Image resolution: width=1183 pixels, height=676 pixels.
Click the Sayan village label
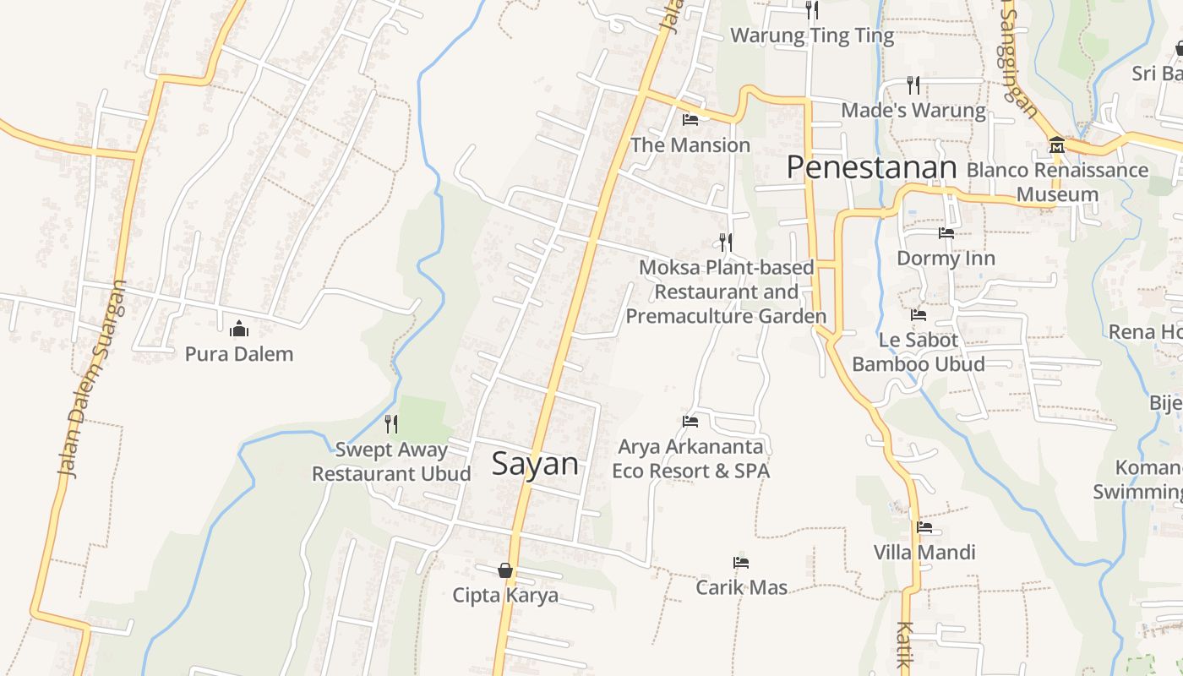535,464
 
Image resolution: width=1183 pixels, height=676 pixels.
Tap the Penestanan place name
871,167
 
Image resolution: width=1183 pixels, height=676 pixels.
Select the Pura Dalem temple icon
239,328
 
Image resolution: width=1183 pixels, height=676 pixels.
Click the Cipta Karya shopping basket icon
505,570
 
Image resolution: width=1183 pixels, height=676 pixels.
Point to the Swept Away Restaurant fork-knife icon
391,423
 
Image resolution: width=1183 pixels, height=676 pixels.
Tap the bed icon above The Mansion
690,119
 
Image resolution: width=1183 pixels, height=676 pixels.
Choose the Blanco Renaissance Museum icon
1056,145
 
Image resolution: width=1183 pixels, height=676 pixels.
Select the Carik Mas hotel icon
741,562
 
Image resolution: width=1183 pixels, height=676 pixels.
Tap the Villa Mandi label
924,553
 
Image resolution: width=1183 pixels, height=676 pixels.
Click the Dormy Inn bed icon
946,232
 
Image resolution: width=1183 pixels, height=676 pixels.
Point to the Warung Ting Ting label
811,35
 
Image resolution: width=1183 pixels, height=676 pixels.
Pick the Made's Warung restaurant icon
913,84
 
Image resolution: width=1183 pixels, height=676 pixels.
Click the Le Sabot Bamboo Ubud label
919,352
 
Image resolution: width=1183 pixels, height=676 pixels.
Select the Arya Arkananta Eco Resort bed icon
690,421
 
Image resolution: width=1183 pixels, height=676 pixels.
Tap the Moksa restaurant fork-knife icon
726,243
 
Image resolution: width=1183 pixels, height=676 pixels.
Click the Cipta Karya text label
505,595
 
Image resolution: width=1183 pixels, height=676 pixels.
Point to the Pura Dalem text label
239,354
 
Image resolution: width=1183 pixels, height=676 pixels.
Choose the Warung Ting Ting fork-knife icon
812,10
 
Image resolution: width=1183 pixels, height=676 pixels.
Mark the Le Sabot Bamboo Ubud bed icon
919,315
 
